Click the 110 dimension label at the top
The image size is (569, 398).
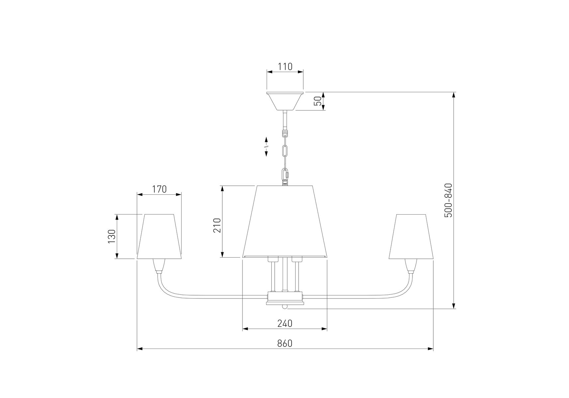[285, 67]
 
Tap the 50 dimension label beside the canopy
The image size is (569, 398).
[318, 101]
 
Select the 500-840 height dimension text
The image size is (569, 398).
[448, 200]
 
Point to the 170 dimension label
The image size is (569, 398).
[159, 189]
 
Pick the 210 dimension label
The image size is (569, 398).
[217, 225]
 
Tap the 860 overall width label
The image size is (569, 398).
[285, 343]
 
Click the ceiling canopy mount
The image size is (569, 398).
[285, 101]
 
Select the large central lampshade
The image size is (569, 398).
[285, 222]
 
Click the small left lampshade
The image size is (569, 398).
[159, 236]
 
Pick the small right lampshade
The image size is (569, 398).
[411, 236]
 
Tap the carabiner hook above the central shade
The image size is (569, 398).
[285, 175]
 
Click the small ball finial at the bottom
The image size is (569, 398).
[285, 307]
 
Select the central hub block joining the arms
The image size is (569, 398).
[285, 298]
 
